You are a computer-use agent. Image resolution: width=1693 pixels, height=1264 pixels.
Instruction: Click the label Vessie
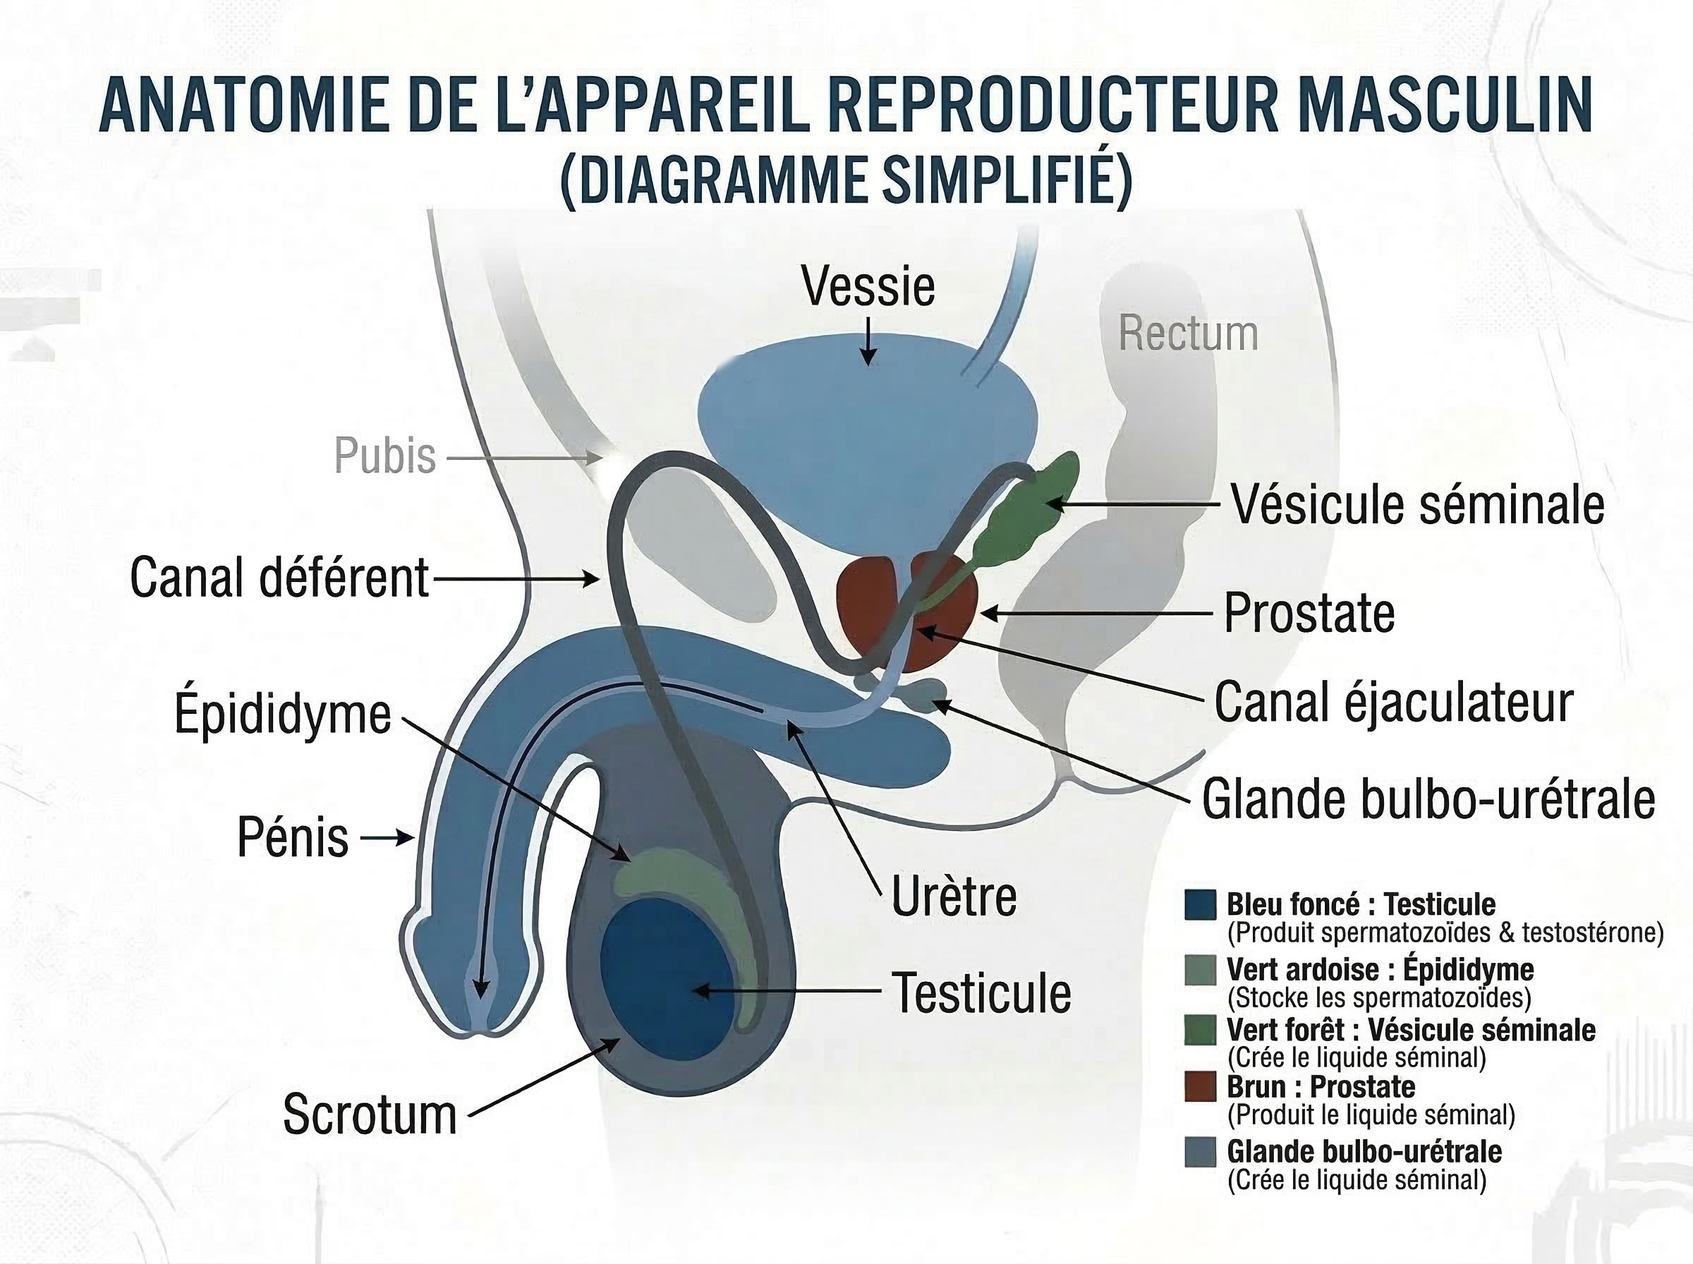pos(868,288)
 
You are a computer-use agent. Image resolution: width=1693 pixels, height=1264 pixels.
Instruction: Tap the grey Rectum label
pos(1188,334)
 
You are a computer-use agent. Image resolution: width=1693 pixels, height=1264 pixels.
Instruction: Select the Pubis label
pos(385,456)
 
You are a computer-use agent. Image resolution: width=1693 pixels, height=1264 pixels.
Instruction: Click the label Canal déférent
pos(279,578)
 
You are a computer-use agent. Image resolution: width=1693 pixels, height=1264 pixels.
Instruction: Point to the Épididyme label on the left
pos(282,714)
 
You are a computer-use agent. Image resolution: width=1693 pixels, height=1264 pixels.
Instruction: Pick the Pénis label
pos(293,838)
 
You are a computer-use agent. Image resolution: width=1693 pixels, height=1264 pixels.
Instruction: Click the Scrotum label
pos(370,1114)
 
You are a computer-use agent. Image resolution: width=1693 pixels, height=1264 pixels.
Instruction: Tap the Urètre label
pos(954,897)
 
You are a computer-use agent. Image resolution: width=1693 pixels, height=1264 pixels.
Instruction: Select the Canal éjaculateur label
pos(1393,703)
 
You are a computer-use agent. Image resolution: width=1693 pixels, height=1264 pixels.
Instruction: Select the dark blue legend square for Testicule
pos(1199,904)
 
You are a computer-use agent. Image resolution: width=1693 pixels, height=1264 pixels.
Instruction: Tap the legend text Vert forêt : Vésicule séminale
pos(1411,1031)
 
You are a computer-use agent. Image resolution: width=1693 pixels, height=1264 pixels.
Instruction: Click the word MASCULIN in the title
pos(1445,105)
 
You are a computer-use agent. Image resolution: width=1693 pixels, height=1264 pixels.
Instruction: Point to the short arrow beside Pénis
pos(389,839)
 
